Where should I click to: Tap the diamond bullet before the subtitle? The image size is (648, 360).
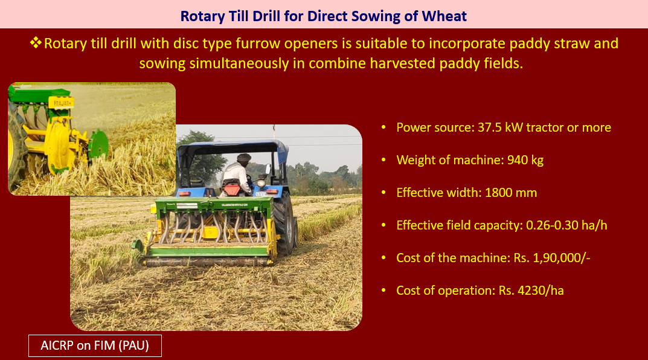point(36,42)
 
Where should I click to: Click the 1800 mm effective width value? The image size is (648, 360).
point(511,193)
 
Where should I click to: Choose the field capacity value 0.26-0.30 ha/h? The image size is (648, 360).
point(566,225)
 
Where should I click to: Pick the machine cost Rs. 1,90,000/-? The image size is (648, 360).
point(552,258)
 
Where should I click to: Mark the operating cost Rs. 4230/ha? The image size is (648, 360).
point(531,291)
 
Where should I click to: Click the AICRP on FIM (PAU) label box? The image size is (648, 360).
point(95,346)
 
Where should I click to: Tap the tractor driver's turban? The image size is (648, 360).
point(244,158)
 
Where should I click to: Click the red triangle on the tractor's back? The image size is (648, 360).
point(232,190)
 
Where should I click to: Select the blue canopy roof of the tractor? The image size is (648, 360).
point(233,149)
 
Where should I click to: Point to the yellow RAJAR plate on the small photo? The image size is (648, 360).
point(61,103)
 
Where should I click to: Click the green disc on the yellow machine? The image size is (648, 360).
point(99,144)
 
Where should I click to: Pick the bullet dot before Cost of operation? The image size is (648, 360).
point(383,291)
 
